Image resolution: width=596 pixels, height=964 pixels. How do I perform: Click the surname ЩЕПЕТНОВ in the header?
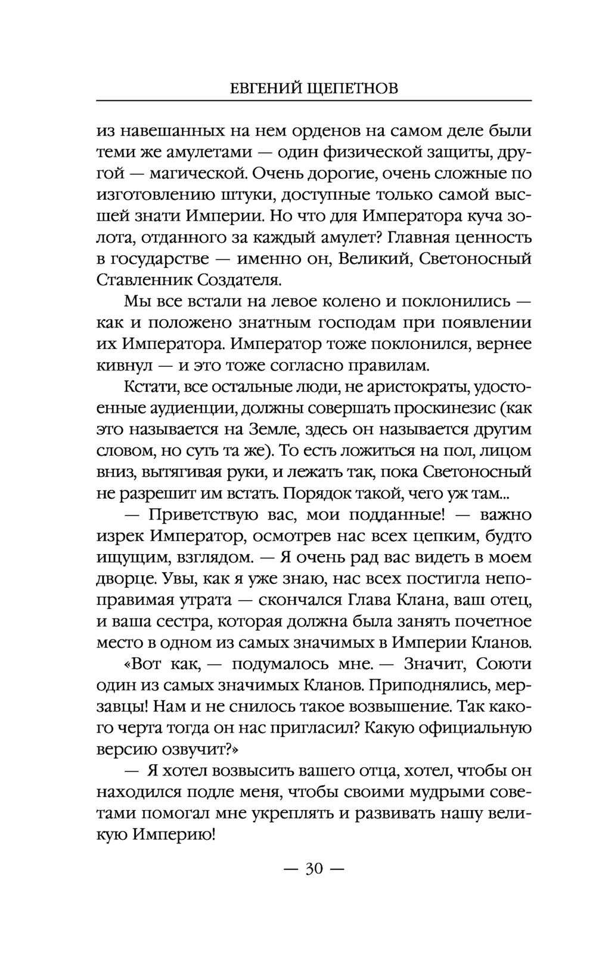[x=351, y=89]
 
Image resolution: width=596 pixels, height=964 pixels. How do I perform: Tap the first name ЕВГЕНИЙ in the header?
[x=264, y=89]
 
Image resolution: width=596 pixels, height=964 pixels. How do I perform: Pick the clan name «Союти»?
[x=505, y=663]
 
